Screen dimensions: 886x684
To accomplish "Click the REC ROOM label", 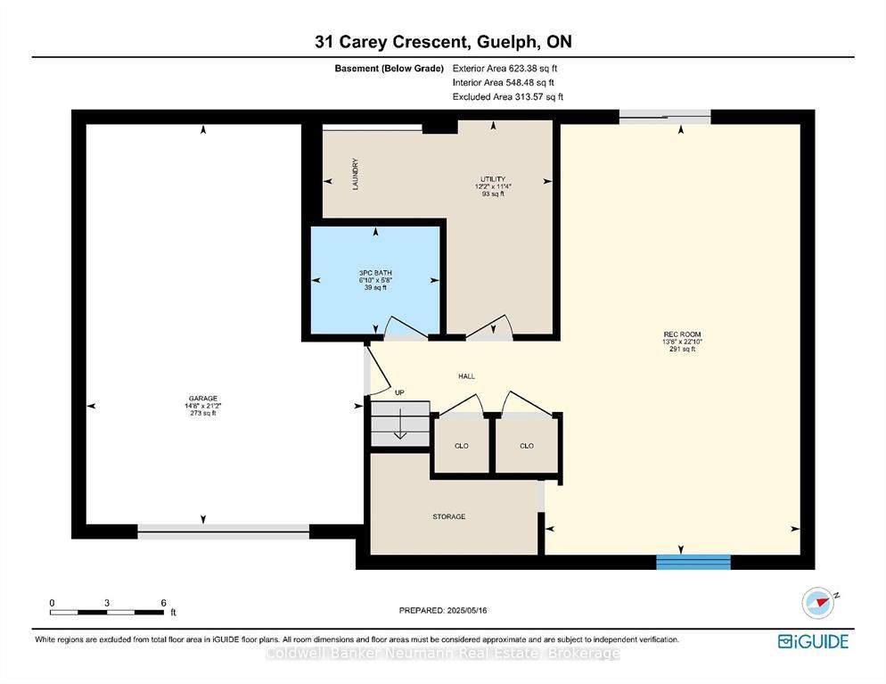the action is tap(682, 334).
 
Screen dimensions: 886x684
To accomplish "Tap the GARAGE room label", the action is tap(203, 398).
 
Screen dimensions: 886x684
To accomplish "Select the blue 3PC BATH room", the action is tap(375, 280).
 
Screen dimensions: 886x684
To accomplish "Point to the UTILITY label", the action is tap(493, 178).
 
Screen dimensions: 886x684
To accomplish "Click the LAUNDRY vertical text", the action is tap(356, 174).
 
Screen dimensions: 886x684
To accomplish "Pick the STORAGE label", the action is tap(449, 516).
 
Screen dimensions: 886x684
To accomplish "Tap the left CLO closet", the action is tap(462, 445).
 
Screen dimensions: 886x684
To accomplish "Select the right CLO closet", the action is tap(527, 445).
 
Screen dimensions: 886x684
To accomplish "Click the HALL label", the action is tap(466, 376).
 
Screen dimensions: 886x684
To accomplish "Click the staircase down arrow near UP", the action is tap(400, 424).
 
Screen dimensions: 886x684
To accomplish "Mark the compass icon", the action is tap(819, 603).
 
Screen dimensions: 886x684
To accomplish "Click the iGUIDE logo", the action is tap(813, 641).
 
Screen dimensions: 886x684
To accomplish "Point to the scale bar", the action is tap(107, 612).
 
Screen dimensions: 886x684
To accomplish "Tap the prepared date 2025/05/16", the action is tap(467, 611).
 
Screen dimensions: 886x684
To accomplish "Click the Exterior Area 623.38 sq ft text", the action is tap(505, 69).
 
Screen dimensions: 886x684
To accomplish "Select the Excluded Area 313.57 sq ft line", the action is tap(508, 96).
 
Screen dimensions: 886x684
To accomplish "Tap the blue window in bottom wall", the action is tap(693, 562).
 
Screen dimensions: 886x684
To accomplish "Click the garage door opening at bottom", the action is tap(224, 532).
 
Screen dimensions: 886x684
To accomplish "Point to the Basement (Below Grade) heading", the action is tap(390, 69).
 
